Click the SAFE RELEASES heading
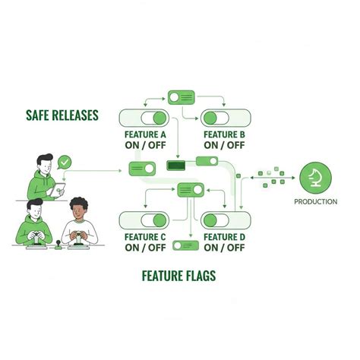pos(62,115)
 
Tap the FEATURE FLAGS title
pos(178,276)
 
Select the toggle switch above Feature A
pos(144,118)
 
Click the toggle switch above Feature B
pos(226,118)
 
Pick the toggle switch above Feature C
pos(144,220)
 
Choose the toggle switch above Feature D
pos(226,220)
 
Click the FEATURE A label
pos(145,134)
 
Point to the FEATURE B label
pos(225,134)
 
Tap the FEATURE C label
pos(145,237)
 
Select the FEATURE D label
pos(225,237)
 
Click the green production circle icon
pos(315,178)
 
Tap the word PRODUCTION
pos(316,202)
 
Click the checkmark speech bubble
pos(65,162)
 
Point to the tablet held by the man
pos(58,190)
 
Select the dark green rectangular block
pos(176,166)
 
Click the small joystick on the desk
pos(58,245)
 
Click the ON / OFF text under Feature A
pos(145,145)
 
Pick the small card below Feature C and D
pos(186,245)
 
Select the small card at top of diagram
pos(182,97)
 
